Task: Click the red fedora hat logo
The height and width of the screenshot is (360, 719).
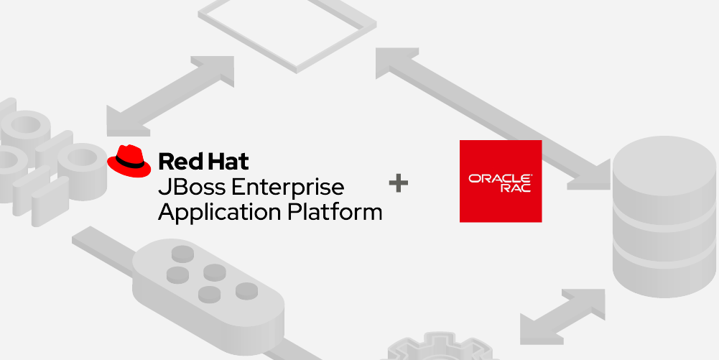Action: point(129,161)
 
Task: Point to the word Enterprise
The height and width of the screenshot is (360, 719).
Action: point(287,187)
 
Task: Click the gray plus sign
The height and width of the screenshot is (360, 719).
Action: point(398,184)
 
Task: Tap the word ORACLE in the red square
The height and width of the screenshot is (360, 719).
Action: point(500,178)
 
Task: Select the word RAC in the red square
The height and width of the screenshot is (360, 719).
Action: point(516,188)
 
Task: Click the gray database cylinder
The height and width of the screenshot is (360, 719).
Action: point(664,216)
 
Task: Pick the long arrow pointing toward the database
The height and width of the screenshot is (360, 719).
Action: point(493,119)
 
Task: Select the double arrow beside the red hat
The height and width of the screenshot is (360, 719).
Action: point(170,96)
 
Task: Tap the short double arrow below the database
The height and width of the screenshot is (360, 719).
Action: point(562,316)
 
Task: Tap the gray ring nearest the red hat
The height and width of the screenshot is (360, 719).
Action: point(82,160)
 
